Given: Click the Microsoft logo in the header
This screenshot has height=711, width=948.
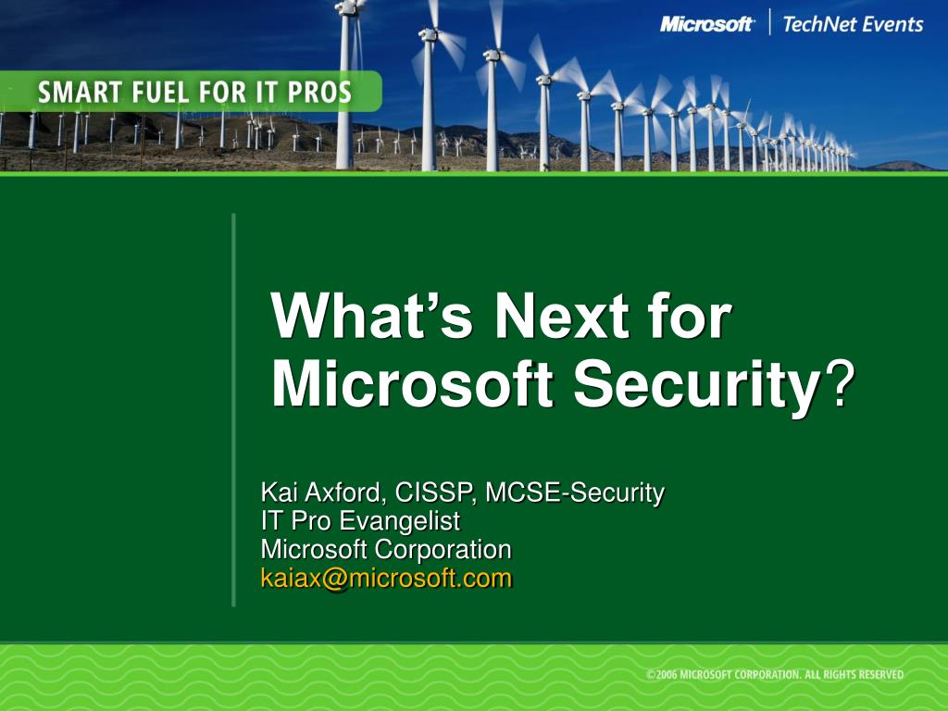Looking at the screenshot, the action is pyautogui.click(x=706, y=24).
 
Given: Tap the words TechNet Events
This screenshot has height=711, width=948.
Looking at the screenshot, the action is pyautogui.click(x=853, y=24).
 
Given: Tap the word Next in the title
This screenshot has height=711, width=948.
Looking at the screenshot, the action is pyautogui.click(x=562, y=317).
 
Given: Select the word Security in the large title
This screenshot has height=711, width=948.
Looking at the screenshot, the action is pyautogui.click(x=696, y=385).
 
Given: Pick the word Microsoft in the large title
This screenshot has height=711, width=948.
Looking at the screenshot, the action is pyautogui.click(x=412, y=383).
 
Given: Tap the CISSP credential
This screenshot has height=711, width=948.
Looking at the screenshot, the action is pyautogui.click(x=432, y=493).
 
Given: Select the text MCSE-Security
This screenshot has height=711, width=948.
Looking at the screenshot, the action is pyautogui.click(x=575, y=493).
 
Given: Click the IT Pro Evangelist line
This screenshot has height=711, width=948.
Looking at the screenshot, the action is pyautogui.click(x=360, y=521).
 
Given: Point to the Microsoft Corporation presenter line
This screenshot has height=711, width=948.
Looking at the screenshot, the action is pyautogui.click(x=386, y=550).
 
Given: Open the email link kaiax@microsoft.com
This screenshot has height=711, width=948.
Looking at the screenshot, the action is pyautogui.click(x=386, y=579).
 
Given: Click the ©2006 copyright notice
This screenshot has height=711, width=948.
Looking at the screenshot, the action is pyautogui.click(x=775, y=675).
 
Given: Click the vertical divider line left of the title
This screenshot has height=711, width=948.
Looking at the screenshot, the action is pyautogui.click(x=233, y=409).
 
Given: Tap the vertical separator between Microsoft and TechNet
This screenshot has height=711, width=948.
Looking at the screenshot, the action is pyautogui.click(x=769, y=22).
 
